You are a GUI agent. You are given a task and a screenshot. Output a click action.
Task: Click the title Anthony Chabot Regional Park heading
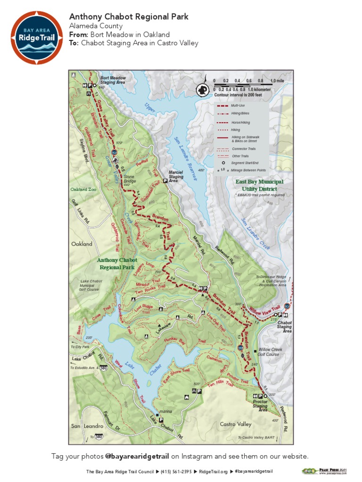(129, 17)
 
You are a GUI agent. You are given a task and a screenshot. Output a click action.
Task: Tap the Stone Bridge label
(129, 179)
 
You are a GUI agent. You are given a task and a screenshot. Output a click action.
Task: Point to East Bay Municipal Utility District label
(260, 185)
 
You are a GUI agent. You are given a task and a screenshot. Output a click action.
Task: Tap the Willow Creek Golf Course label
(269, 352)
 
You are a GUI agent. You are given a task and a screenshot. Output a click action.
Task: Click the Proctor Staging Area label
(260, 406)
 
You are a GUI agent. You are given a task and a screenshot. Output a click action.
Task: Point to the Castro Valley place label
(236, 424)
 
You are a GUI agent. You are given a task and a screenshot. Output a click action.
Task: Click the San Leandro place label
(87, 426)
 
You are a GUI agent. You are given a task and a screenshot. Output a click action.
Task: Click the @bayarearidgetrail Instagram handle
(137, 456)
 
